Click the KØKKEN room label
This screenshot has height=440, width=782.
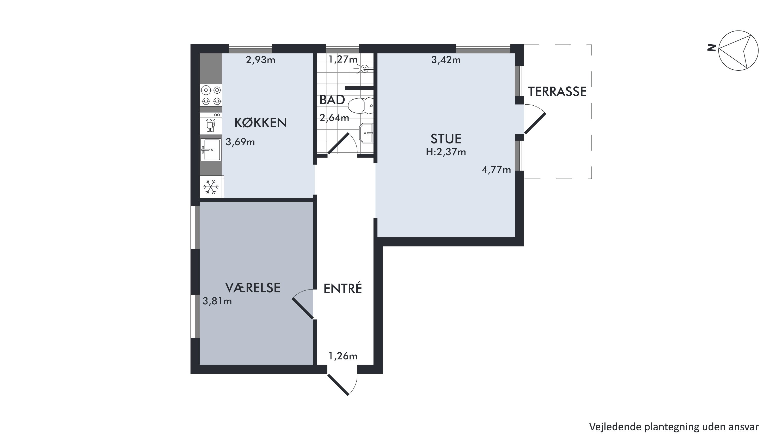260,123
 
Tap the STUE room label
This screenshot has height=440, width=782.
446,139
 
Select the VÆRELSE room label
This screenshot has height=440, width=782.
253,288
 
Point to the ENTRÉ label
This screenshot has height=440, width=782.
343,288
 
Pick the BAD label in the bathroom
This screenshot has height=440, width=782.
332,100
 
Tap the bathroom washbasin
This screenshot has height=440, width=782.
366,133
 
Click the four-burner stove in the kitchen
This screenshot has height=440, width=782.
211,95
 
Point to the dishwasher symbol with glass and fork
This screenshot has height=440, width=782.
211,123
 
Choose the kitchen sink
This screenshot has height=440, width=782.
211,150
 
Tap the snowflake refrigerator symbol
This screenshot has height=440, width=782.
211,187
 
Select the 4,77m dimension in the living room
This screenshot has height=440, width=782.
496,170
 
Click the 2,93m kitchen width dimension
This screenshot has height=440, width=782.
260,60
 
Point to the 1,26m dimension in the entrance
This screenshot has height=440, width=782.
343,356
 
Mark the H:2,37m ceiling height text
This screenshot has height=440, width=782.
446,152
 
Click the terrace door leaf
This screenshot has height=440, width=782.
535,124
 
